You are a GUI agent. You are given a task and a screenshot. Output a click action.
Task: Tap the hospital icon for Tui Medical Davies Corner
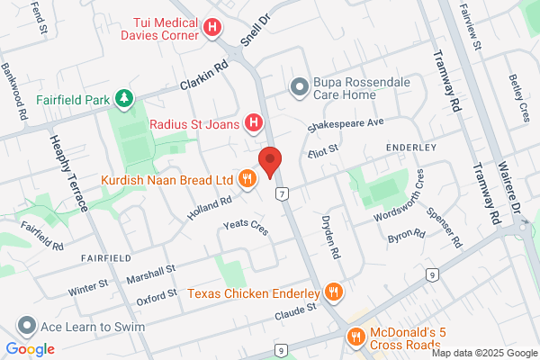212,28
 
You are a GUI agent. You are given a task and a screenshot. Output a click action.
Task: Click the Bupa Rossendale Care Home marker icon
299,85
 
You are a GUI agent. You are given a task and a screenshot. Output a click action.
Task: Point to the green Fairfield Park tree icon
126,98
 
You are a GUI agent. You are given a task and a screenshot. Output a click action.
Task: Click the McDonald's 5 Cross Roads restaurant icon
355,337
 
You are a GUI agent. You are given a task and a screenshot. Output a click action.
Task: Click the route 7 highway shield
283,193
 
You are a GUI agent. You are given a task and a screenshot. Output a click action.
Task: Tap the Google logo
30,349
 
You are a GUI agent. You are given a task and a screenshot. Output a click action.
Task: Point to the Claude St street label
297,309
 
